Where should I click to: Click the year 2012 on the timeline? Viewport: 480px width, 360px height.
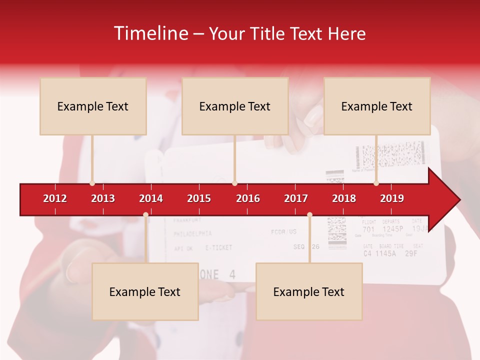click(55, 198)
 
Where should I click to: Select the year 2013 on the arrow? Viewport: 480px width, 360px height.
click(103, 198)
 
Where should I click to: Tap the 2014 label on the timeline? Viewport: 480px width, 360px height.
click(151, 198)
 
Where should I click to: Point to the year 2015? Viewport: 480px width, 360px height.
click(199, 198)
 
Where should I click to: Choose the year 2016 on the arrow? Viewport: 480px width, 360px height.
click(248, 198)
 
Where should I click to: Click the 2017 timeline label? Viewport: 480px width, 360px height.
click(296, 198)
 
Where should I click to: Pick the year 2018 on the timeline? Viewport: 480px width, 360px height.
click(344, 198)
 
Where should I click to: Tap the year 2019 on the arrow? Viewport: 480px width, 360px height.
click(392, 198)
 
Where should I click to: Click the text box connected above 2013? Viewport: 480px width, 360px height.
click(93, 106)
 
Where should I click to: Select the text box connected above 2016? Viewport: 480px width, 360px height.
click(235, 106)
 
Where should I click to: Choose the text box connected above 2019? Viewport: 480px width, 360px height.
click(377, 106)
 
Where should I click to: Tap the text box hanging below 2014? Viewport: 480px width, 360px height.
click(145, 291)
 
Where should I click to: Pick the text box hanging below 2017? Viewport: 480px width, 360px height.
click(309, 291)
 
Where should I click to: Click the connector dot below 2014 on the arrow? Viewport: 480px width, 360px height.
click(145, 214)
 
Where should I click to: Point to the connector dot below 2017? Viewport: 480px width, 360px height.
click(309, 214)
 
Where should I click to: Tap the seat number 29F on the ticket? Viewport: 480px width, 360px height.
click(411, 253)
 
